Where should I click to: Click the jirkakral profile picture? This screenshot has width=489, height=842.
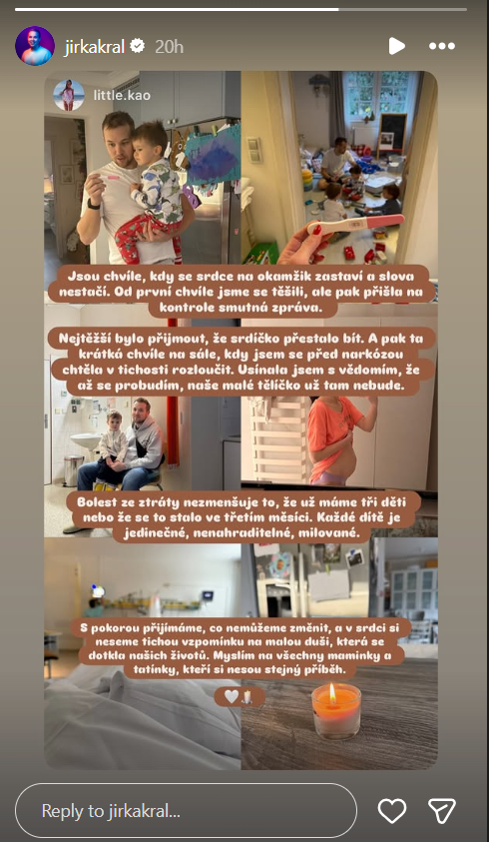(x=35, y=46)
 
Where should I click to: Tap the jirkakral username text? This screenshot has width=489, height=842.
(x=95, y=47)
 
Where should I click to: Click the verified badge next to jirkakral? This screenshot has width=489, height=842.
(x=138, y=46)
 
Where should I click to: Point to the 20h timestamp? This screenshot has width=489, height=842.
(x=169, y=47)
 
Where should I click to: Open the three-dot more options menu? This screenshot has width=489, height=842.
(x=442, y=46)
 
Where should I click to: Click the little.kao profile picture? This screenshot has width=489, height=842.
(x=69, y=95)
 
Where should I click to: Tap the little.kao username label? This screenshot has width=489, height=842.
(x=122, y=96)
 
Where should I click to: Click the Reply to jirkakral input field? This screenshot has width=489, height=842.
(x=186, y=811)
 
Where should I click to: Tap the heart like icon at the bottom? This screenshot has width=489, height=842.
(x=392, y=811)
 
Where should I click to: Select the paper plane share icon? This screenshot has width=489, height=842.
(x=442, y=811)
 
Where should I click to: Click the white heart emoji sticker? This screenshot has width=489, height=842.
(x=232, y=697)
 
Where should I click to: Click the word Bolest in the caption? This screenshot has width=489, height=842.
(x=98, y=502)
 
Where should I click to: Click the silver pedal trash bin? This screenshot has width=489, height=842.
(x=74, y=470)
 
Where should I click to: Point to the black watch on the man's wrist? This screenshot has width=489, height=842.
(x=94, y=205)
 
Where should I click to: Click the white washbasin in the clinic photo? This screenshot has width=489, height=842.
(x=87, y=441)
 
